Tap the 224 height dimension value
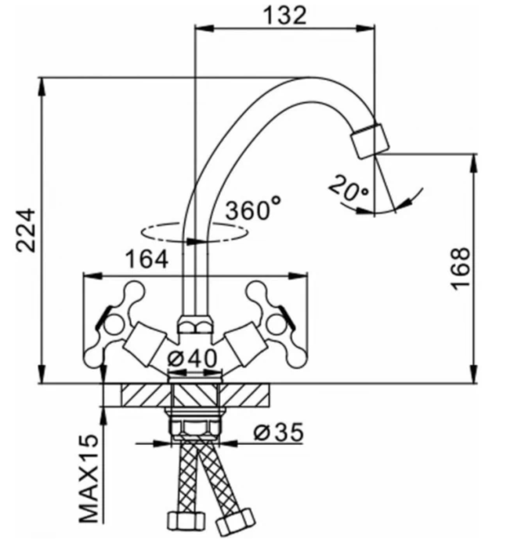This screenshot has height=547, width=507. (x=27, y=229)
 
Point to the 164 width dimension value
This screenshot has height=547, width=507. (x=146, y=260)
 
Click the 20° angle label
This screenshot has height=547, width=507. (x=348, y=189)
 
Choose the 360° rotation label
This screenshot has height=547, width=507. (x=252, y=210)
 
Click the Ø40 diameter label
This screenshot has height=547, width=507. (x=193, y=357)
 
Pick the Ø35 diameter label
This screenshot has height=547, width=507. (x=278, y=432)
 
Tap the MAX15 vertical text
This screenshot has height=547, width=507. (x=91, y=479)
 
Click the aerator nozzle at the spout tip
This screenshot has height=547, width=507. (x=369, y=138)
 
